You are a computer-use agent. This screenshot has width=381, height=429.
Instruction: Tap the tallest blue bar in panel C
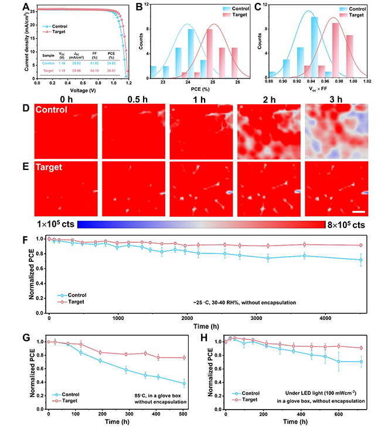pyautogui.click(x=315, y=47)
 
